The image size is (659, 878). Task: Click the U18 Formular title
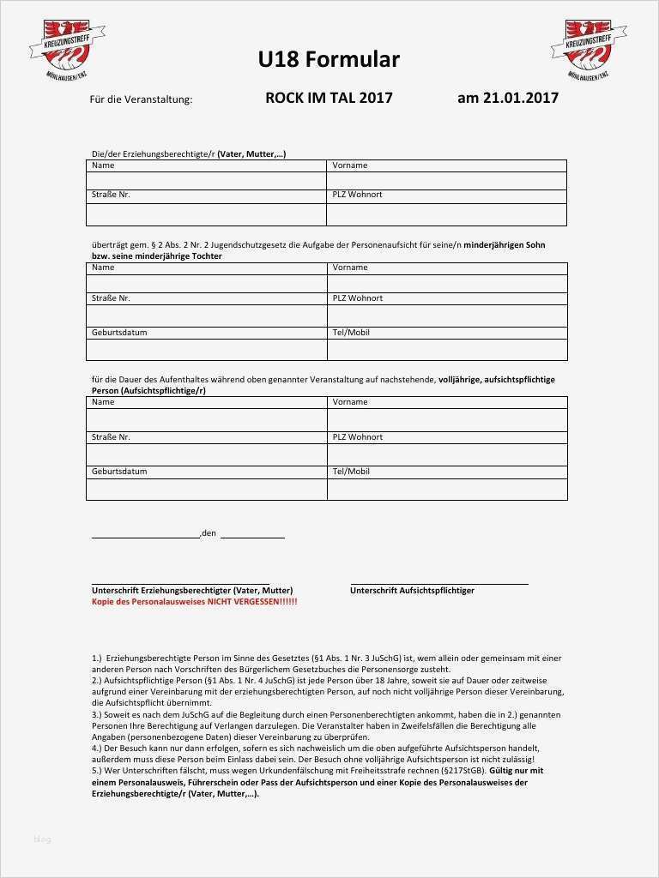click(329, 59)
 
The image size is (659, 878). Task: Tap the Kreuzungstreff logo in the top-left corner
click(66, 50)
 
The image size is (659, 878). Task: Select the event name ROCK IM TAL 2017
click(329, 98)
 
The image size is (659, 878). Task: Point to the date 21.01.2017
click(522, 98)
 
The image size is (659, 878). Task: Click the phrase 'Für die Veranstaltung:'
click(141, 99)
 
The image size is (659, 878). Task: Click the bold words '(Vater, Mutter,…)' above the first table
click(251, 154)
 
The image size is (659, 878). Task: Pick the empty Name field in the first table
click(206, 181)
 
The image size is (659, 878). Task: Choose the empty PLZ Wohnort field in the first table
click(446, 214)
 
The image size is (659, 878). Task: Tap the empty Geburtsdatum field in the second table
click(206, 350)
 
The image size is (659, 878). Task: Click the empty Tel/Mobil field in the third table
click(446, 489)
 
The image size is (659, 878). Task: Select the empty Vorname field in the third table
click(446, 419)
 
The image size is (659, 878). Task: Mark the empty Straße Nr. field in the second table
click(206, 316)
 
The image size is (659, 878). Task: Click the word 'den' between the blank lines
click(209, 534)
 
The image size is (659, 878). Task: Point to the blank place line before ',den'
click(145, 537)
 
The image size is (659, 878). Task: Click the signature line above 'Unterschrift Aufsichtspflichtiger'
click(438, 584)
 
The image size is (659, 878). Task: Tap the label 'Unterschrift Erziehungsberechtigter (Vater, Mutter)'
click(192, 591)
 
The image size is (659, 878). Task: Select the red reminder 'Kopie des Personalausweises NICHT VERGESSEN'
click(194, 602)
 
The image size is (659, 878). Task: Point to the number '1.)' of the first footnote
click(97, 658)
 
